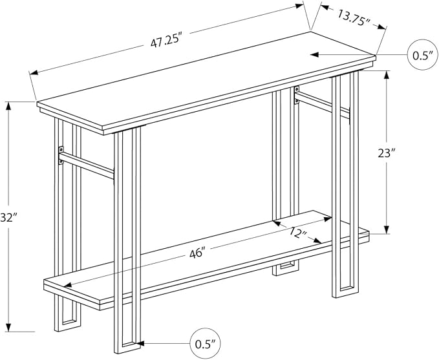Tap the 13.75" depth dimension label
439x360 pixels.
click(x=354, y=18)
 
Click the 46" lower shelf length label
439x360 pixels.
click(x=198, y=253)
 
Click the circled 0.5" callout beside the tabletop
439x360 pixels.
click(x=421, y=55)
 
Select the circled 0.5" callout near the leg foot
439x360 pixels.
click(x=205, y=343)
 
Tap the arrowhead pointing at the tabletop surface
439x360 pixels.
click(x=314, y=54)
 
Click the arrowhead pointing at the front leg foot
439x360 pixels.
click(x=140, y=343)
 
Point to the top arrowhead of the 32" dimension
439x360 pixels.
click(x=9, y=106)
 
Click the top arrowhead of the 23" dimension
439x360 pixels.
click(x=387, y=75)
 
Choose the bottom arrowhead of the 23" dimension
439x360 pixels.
click(x=387, y=229)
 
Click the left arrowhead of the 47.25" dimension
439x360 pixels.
click(x=34, y=73)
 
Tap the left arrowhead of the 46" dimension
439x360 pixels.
click(x=69, y=284)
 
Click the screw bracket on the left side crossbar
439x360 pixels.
click(x=61, y=155)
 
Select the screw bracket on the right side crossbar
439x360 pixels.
click(x=297, y=95)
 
